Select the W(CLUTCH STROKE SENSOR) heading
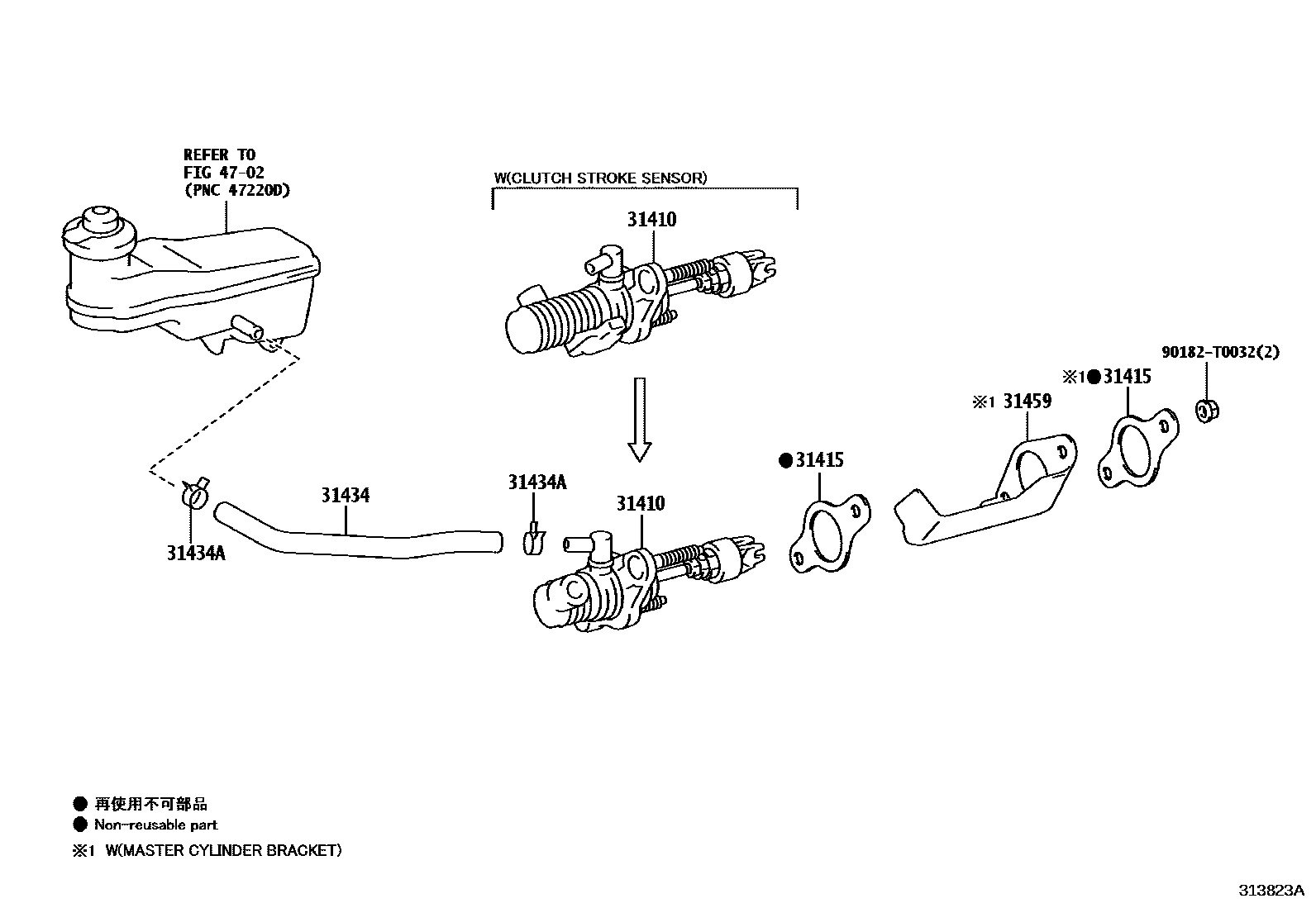[x=600, y=178]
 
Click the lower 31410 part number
[x=640, y=504]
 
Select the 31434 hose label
[x=346, y=496]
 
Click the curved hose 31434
[x=355, y=542]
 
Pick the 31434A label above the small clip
[x=537, y=483]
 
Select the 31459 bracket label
[x=1027, y=402]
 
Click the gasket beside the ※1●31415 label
[x=1137, y=449]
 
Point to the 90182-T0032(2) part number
[x=1219, y=352]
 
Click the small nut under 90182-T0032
[x=1208, y=409]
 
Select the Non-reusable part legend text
[x=155, y=825]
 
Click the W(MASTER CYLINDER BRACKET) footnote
[x=222, y=850]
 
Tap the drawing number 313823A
[x=1270, y=891]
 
